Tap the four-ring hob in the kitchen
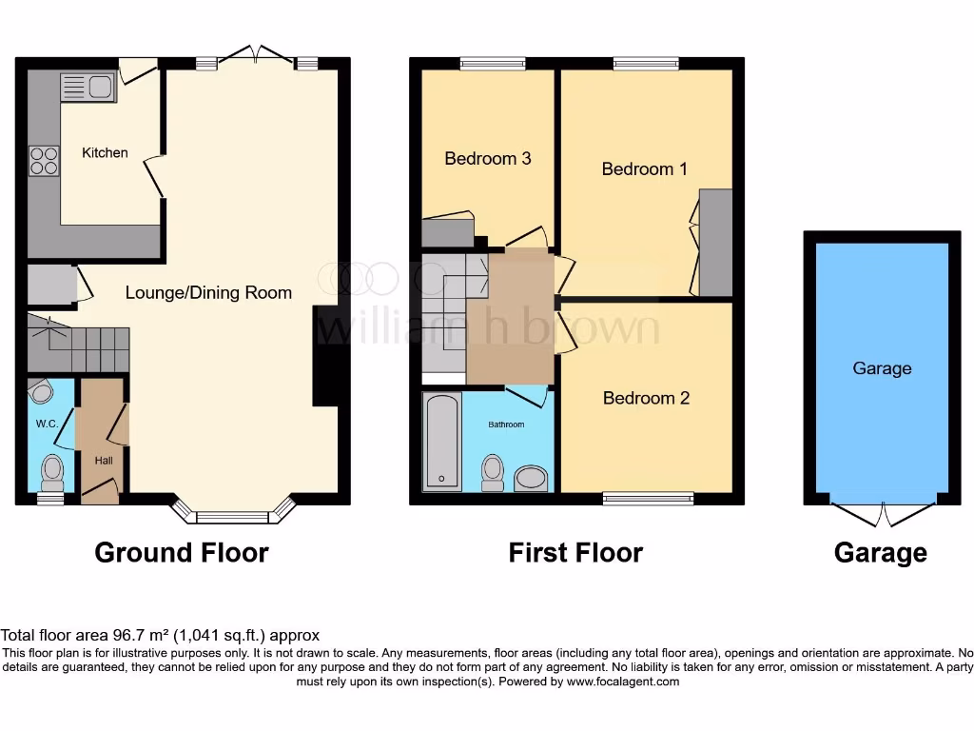[x=44, y=160]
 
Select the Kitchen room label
[x=105, y=152]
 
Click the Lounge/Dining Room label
[x=208, y=292]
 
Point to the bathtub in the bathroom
[x=441, y=441]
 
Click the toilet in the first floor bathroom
[x=492, y=472]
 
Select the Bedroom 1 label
[x=644, y=168]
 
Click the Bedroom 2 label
[x=646, y=398]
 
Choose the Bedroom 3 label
[x=487, y=158]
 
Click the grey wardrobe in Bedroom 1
[x=715, y=243]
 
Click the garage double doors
[x=883, y=514]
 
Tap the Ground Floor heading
[x=182, y=552]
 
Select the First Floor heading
[x=575, y=552]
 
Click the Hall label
[x=103, y=460]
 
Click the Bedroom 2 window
[x=649, y=497]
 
